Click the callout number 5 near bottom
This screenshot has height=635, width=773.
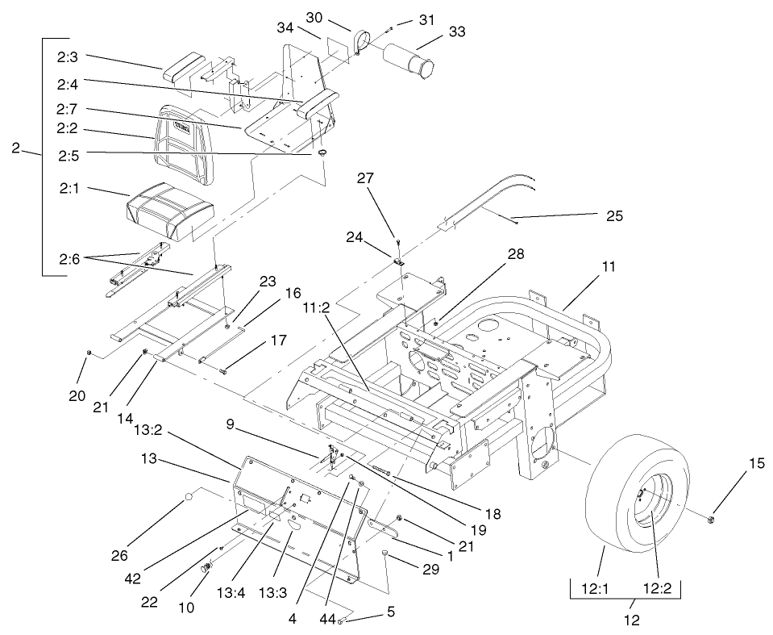391,612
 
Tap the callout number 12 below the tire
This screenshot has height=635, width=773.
631,620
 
